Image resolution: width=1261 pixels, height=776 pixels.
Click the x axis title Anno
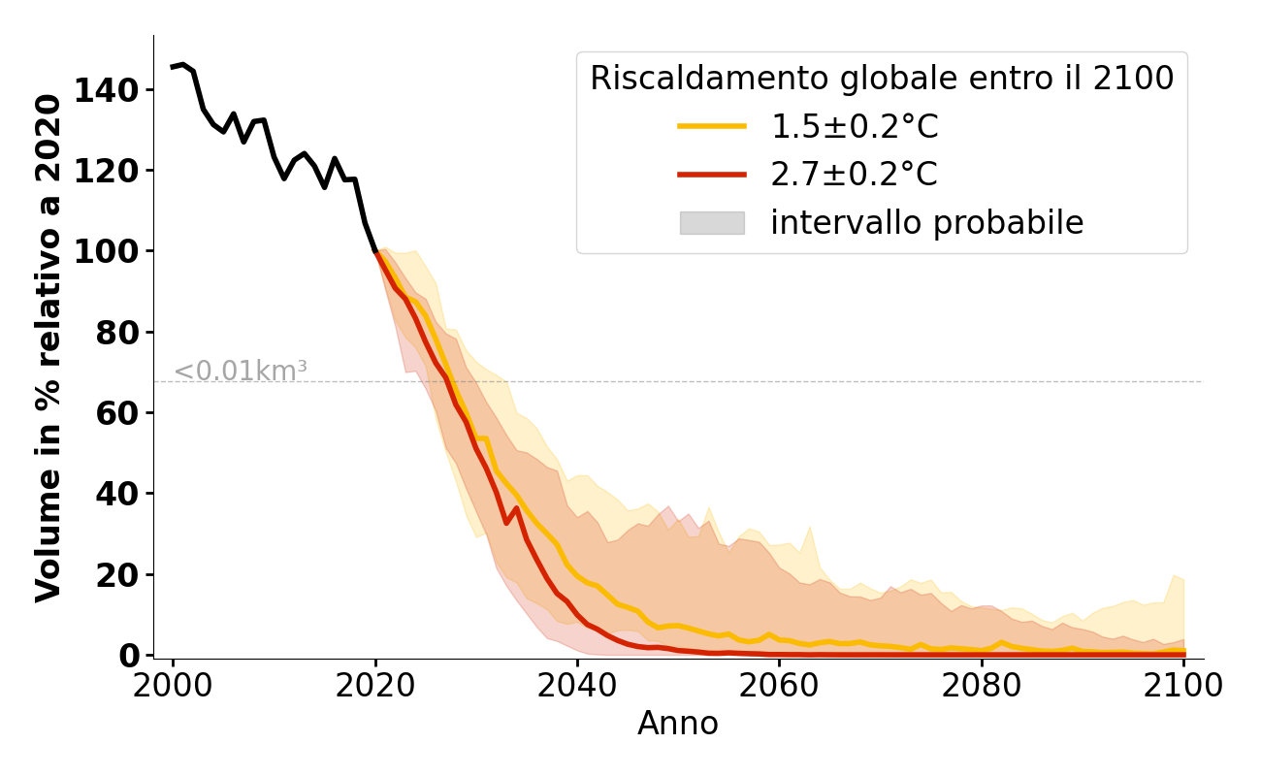[x=678, y=724]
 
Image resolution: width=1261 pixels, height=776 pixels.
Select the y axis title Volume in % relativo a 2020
[x=49, y=347]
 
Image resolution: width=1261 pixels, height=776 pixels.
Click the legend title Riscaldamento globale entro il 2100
[x=882, y=79]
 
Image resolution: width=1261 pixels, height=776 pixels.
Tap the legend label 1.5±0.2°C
[x=854, y=127]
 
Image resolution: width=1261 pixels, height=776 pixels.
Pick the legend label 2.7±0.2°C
[x=854, y=175]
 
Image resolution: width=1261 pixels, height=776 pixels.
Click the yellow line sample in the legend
[x=712, y=126]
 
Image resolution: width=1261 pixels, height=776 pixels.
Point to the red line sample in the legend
[x=712, y=175]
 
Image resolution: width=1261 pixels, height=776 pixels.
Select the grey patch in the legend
[x=712, y=223]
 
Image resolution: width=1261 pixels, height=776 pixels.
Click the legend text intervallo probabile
[x=926, y=223]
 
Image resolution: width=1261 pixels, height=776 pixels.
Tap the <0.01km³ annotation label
[x=241, y=372]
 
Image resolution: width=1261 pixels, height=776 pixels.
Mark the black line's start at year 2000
[x=174, y=67]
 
